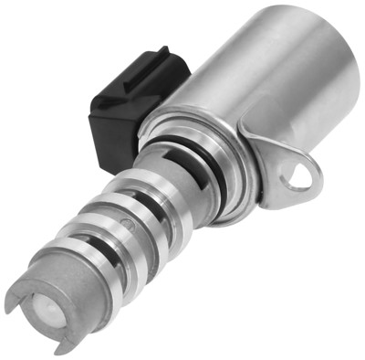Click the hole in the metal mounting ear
[299, 174]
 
